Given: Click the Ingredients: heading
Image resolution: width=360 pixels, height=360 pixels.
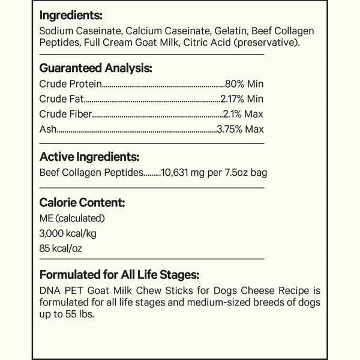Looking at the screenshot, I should coord(71,14).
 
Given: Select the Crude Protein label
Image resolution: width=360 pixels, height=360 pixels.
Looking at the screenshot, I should coord(70,84).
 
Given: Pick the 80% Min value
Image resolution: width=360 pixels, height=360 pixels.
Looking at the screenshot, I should coord(244,84).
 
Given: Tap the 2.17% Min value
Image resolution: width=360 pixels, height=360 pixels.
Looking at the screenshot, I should coord(242,99).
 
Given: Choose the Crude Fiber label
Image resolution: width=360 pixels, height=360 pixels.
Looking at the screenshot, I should coord(66,114).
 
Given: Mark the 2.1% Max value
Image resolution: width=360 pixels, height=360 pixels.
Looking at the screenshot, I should coord(243,114).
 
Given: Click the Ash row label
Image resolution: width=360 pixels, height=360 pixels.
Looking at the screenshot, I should coord(47,129).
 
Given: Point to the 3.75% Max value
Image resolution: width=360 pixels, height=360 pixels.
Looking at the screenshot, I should coord(241,129).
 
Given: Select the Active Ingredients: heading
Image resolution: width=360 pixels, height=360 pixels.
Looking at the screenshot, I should coord(89,157).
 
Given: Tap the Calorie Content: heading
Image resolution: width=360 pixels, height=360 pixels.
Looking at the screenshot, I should coord(82,202).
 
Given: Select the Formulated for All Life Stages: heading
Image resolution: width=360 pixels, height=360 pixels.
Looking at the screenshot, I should coord(118,275).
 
